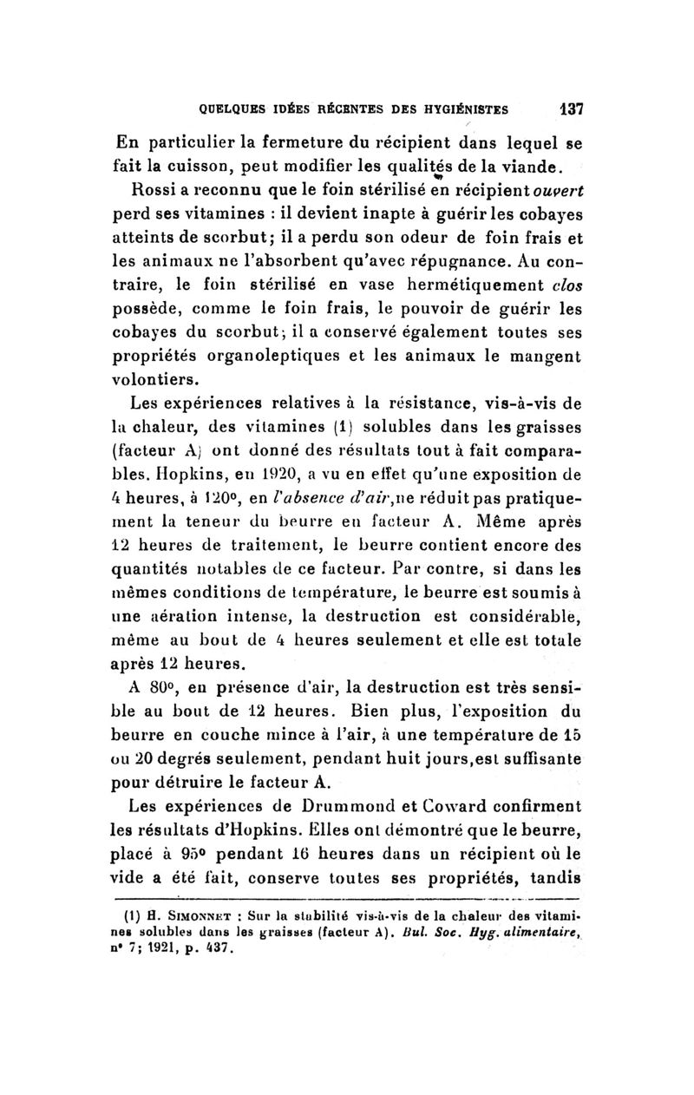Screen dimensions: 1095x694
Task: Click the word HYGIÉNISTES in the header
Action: coord(456,110)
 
